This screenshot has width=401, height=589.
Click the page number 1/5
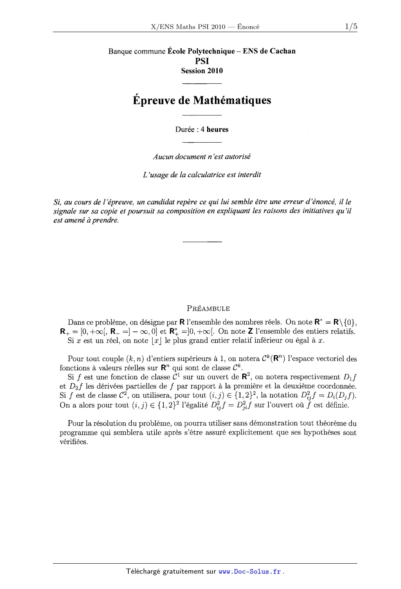pos(351,27)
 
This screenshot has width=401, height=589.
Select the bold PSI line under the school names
pos(202,61)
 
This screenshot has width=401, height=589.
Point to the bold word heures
pos(218,130)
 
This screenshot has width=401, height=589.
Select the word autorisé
pos(237,157)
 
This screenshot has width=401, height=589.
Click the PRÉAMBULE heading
pos(208,309)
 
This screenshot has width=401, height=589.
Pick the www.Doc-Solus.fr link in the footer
pos(250,571)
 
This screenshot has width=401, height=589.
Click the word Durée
pos(185,130)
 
